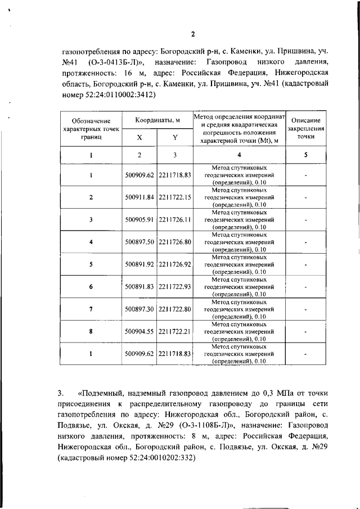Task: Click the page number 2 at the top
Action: point(192,34)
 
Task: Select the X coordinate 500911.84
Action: point(139,197)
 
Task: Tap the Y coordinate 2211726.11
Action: point(175,220)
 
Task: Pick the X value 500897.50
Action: point(139,242)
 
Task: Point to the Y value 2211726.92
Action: point(175,264)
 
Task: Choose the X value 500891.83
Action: point(139,286)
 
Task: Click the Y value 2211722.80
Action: point(175,309)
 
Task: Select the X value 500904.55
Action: point(139,331)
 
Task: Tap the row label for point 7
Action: point(91,309)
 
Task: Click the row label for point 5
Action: point(91,264)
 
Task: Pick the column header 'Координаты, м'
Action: point(157,120)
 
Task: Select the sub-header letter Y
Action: point(175,137)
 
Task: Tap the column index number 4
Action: point(239,155)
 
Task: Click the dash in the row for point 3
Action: point(305,220)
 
